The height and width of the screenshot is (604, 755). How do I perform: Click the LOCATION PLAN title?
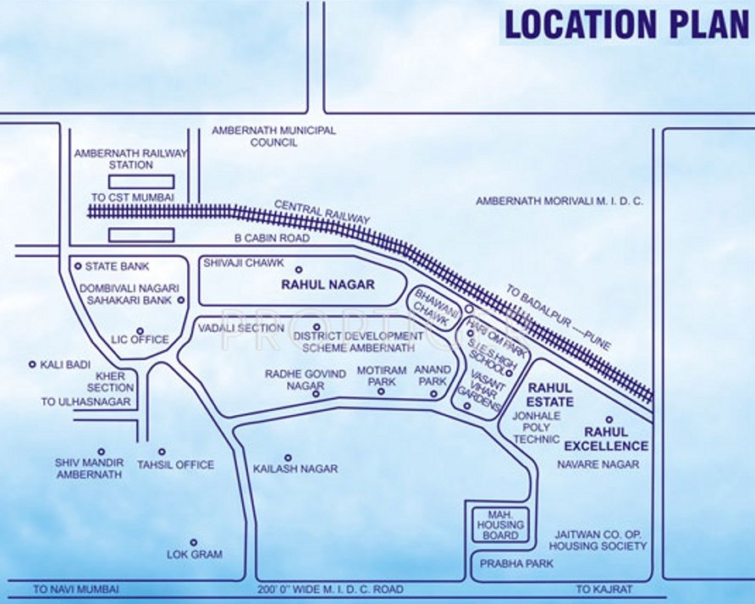tap(625, 25)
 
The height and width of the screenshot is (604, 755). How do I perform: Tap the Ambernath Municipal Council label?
tap(273, 136)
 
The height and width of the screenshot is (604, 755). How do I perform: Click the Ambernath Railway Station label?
tap(130, 158)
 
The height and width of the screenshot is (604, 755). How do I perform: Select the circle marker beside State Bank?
tap(77, 266)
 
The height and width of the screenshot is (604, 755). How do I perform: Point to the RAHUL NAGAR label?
tap(328, 285)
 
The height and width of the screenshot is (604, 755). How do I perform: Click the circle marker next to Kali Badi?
tap(33, 364)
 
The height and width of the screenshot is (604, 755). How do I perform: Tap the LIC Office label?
tap(140, 340)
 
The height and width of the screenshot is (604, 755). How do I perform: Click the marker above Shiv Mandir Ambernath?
tap(101, 452)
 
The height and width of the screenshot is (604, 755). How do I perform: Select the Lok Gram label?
tap(195, 554)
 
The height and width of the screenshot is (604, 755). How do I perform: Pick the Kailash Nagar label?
tap(295, 468)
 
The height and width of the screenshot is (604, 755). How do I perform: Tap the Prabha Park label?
tap(504, 562)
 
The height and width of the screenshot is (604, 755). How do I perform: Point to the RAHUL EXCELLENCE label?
tap(606, 439)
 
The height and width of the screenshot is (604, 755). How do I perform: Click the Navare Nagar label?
tap(598, 464)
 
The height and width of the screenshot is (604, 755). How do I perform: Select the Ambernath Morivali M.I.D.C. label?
tap(559, 202)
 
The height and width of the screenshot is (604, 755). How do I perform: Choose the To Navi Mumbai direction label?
tap(76, 589)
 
